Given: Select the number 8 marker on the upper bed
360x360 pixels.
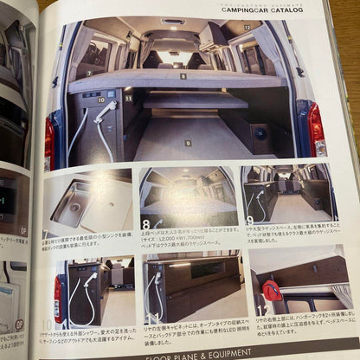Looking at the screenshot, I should [x=183, y=77].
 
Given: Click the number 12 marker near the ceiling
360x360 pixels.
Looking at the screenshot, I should [x=247, y=29].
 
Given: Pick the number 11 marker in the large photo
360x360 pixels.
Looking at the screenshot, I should [x=128, y=98].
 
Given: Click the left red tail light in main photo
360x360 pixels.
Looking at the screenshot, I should [x=50, y=143].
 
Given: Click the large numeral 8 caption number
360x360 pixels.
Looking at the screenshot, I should [x=146, y=226].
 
